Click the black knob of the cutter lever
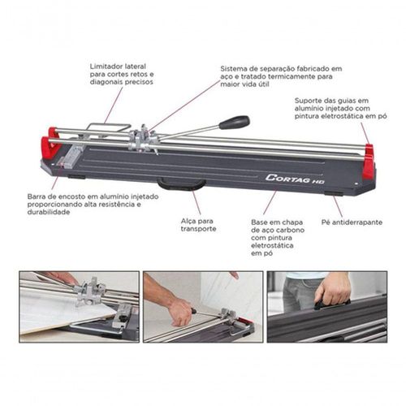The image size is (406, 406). (x=234, y=122)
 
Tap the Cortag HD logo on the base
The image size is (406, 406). (x=295, y=179)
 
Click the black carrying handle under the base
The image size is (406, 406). (x=182, y=184)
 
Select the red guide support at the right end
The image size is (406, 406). (x=369, y=160)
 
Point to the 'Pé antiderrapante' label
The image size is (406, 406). (x=352, y=222)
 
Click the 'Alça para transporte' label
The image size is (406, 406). (x=198, y=225)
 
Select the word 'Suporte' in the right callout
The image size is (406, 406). (x=306, y=101)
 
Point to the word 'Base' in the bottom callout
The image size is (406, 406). (x=258, y=222)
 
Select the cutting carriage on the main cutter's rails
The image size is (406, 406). (x=143, y=140)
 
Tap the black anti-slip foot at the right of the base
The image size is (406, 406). (x=334, y=193)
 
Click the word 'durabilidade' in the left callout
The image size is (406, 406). (x=49, y=212)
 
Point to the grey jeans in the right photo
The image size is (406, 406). (x=299, y=295)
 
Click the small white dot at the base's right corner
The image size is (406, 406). (x=356, y=184)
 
